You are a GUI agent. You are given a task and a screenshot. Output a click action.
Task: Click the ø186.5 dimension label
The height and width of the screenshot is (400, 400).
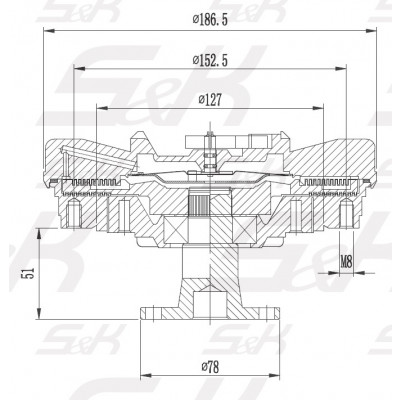pyautogui.click(x=210, y=20)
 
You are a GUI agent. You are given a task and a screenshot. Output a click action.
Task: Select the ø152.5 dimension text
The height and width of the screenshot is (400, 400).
pyautogui.click(x=210, y=60)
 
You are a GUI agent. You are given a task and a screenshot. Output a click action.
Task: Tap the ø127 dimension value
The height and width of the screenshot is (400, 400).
pyautogui.click(x=210, y=100)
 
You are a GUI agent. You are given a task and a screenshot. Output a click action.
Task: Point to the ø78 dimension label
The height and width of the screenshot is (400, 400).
pyautogui.click(x=210, y=367)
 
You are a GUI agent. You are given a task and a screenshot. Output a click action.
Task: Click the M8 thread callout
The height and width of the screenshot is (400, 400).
pyautogui.click(x=346, y=262)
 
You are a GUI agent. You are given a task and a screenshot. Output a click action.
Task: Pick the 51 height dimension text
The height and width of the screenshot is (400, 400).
pyautogui.click(x=28, y=273)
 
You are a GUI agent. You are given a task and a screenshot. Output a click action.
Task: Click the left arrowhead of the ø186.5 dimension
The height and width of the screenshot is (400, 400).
pyautogui.click(x=49, y=31)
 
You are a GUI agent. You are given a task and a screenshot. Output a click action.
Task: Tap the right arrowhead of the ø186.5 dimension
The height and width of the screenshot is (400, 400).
pyautogui.click(x=371, y=31)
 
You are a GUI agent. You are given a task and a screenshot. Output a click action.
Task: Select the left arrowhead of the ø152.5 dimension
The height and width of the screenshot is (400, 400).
pyautogui.click(x=79, y=69)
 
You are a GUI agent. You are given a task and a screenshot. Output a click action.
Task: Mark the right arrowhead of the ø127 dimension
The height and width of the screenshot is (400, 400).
pyautogui.click(x=318, y=108)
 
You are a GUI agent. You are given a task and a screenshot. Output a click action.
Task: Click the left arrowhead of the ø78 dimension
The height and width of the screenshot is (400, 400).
pyautogui.click(x=146, y=376)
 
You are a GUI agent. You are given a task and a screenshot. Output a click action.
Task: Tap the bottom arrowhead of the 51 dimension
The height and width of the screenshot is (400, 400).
pyautogui.click(x=39, y=313)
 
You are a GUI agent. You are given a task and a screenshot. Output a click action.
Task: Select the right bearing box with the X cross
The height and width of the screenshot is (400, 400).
pyautogui.click(x=244, y=229)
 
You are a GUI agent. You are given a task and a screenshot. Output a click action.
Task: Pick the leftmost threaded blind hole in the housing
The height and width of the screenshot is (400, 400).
pyautogui.click(x=74, y=213)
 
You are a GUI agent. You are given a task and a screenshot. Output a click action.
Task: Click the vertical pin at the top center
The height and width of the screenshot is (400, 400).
pyautogui.click(x=210, y=153)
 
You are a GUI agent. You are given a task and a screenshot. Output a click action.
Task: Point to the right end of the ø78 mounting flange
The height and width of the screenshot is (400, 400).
pyautogui.click(x=279, y=314)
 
